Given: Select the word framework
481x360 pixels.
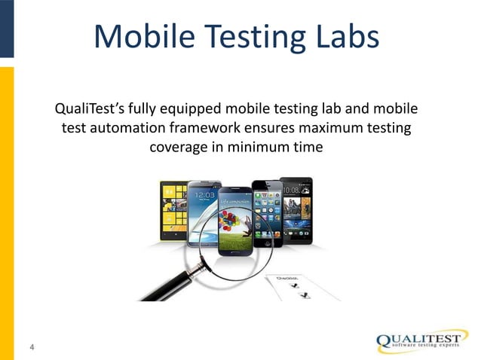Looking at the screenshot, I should click(x=202, y=127).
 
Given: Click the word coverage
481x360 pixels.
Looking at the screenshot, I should click(x=179, y=146).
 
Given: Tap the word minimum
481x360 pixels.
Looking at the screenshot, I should click(x=252, y=146).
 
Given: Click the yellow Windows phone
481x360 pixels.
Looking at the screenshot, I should click(x=172, y=212).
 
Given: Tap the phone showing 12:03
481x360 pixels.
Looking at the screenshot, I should click(x=202, y=211).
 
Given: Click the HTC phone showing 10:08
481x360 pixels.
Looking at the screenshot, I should click(x=296, y=207).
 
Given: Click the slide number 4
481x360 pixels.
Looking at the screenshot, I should click(x=32, y=347).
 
